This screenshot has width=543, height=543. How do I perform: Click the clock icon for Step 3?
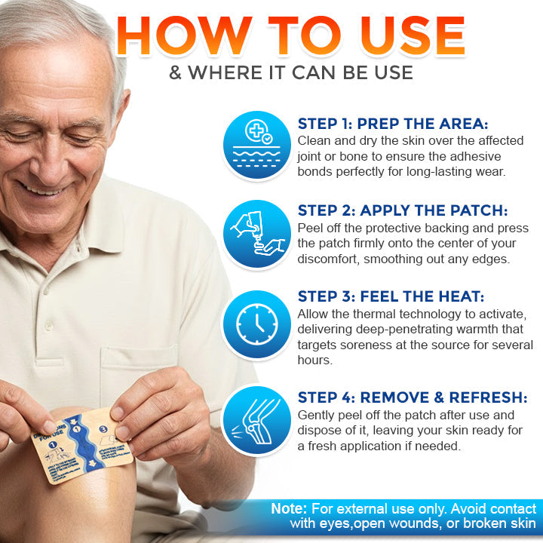(257, 324)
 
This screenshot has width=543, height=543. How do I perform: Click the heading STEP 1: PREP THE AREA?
(393, 124)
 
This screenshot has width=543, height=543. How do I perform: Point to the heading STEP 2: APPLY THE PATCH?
(403, 210)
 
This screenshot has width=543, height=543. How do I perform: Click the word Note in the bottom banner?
(289, 509)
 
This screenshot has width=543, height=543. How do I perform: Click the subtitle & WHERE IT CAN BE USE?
(290, 73)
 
